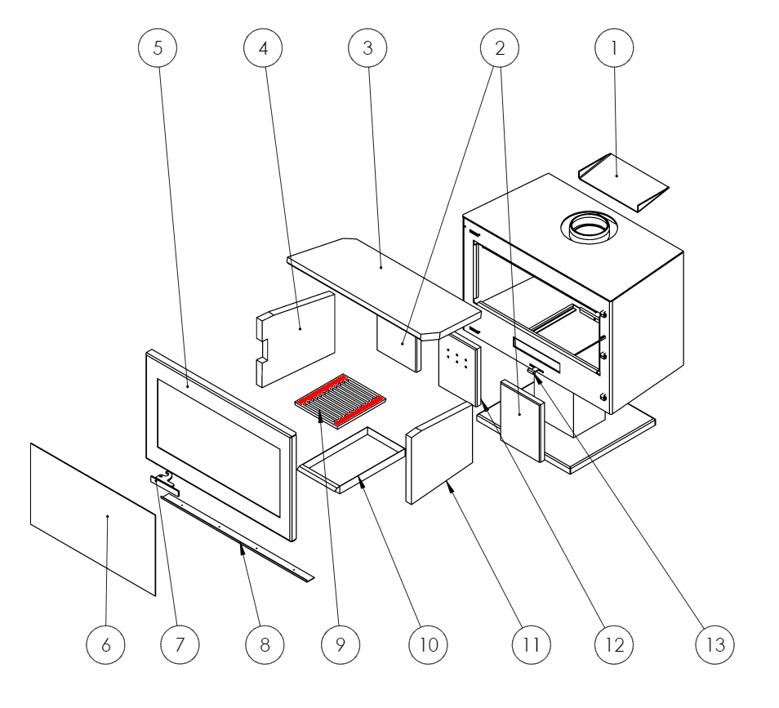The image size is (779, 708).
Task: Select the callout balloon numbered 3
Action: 367,48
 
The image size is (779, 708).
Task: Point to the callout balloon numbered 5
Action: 158,48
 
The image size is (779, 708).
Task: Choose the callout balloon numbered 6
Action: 112,644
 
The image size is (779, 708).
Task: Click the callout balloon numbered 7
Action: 180,644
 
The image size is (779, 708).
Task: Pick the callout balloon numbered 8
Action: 265,644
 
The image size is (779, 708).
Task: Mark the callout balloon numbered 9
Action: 341,644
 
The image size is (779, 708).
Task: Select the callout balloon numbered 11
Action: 527,644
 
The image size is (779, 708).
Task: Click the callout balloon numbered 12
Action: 614,644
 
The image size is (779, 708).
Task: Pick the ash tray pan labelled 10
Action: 353,461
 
